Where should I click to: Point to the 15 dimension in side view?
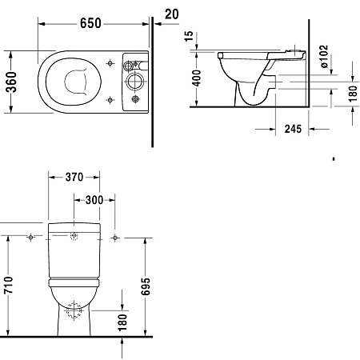(x=188, y=36)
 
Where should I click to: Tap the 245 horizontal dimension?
(x=292, y=130)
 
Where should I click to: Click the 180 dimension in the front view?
(x=122, y=321)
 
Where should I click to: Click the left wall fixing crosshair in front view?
(x=30, y=237)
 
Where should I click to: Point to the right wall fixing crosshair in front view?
(x=116, y=237)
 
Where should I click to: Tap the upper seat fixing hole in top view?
(x=109, y=62)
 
